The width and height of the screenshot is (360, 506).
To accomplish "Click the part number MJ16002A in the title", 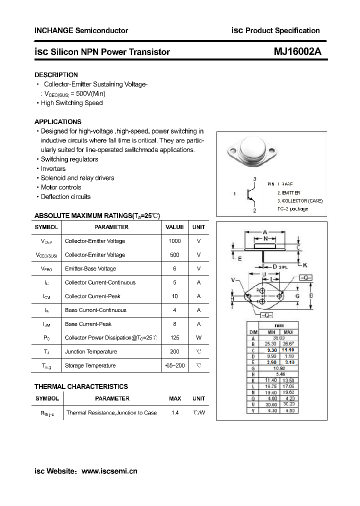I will pyautogui.click(x=297, y=51).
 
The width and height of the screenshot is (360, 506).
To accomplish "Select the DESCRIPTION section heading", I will pyautogui.click(x=56, y=75).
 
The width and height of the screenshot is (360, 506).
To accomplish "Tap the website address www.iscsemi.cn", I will pyautogui.click(x=109, y=471).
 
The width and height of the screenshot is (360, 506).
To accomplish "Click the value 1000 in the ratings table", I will pyautogui.click(x=174, y=241).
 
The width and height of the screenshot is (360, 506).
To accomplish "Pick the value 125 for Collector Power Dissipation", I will pyautogui.click(x=174, y=338).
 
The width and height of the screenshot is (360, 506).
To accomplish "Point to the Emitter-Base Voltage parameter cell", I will pyautogui.click(x=90, y=268).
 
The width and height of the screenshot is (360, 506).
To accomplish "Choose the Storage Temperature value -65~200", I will pyautogui.click(x=174, y=365).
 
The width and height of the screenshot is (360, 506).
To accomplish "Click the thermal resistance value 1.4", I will pyautogui.click(x=174, y=413).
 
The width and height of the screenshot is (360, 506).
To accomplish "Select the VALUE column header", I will pyautogui.click(x=174, y=227).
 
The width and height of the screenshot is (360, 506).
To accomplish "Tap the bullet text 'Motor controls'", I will pyautogui.click(x=61, y=187).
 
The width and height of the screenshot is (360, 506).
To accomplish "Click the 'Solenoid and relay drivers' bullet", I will pyautogui.click(x=77, y=178).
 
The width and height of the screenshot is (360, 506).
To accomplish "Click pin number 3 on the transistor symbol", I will pyautogui.click(x=254, y=179).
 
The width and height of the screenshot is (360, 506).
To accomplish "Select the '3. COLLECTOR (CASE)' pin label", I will pyautogui.click(x=300, y=200).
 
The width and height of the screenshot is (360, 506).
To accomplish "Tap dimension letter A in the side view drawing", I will pyautogui.click(x=264, y=232).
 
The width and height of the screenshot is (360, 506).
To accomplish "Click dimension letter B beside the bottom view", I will pyautogui.click(x=310, y=296).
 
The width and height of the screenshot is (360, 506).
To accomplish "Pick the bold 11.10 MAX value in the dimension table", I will pyautogui.click(x=288, y=350).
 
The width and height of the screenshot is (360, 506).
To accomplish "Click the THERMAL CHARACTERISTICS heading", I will pyautogui.click(x=81, y=386).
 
